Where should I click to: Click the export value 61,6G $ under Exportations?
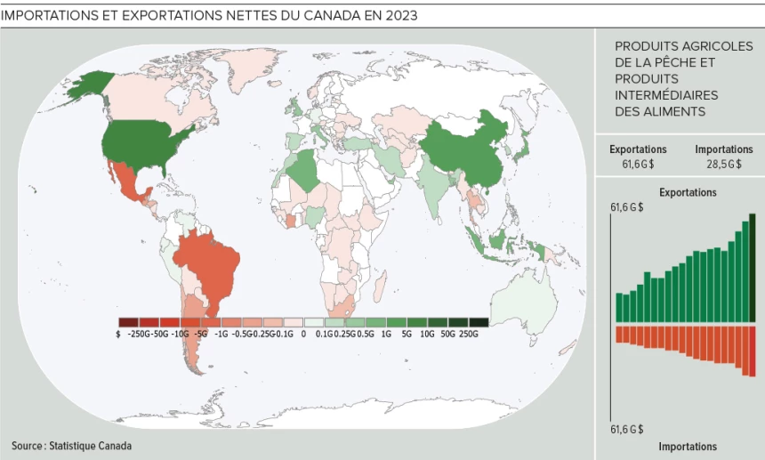(x=638, y=164)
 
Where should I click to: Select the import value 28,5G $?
(x=723, y=164)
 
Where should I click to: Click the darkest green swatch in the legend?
(x=479, y=321)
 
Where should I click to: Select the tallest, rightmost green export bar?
(x=753, y=267)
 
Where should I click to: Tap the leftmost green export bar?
(x=619, y=307)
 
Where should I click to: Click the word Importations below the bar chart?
(x=687, y=447)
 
